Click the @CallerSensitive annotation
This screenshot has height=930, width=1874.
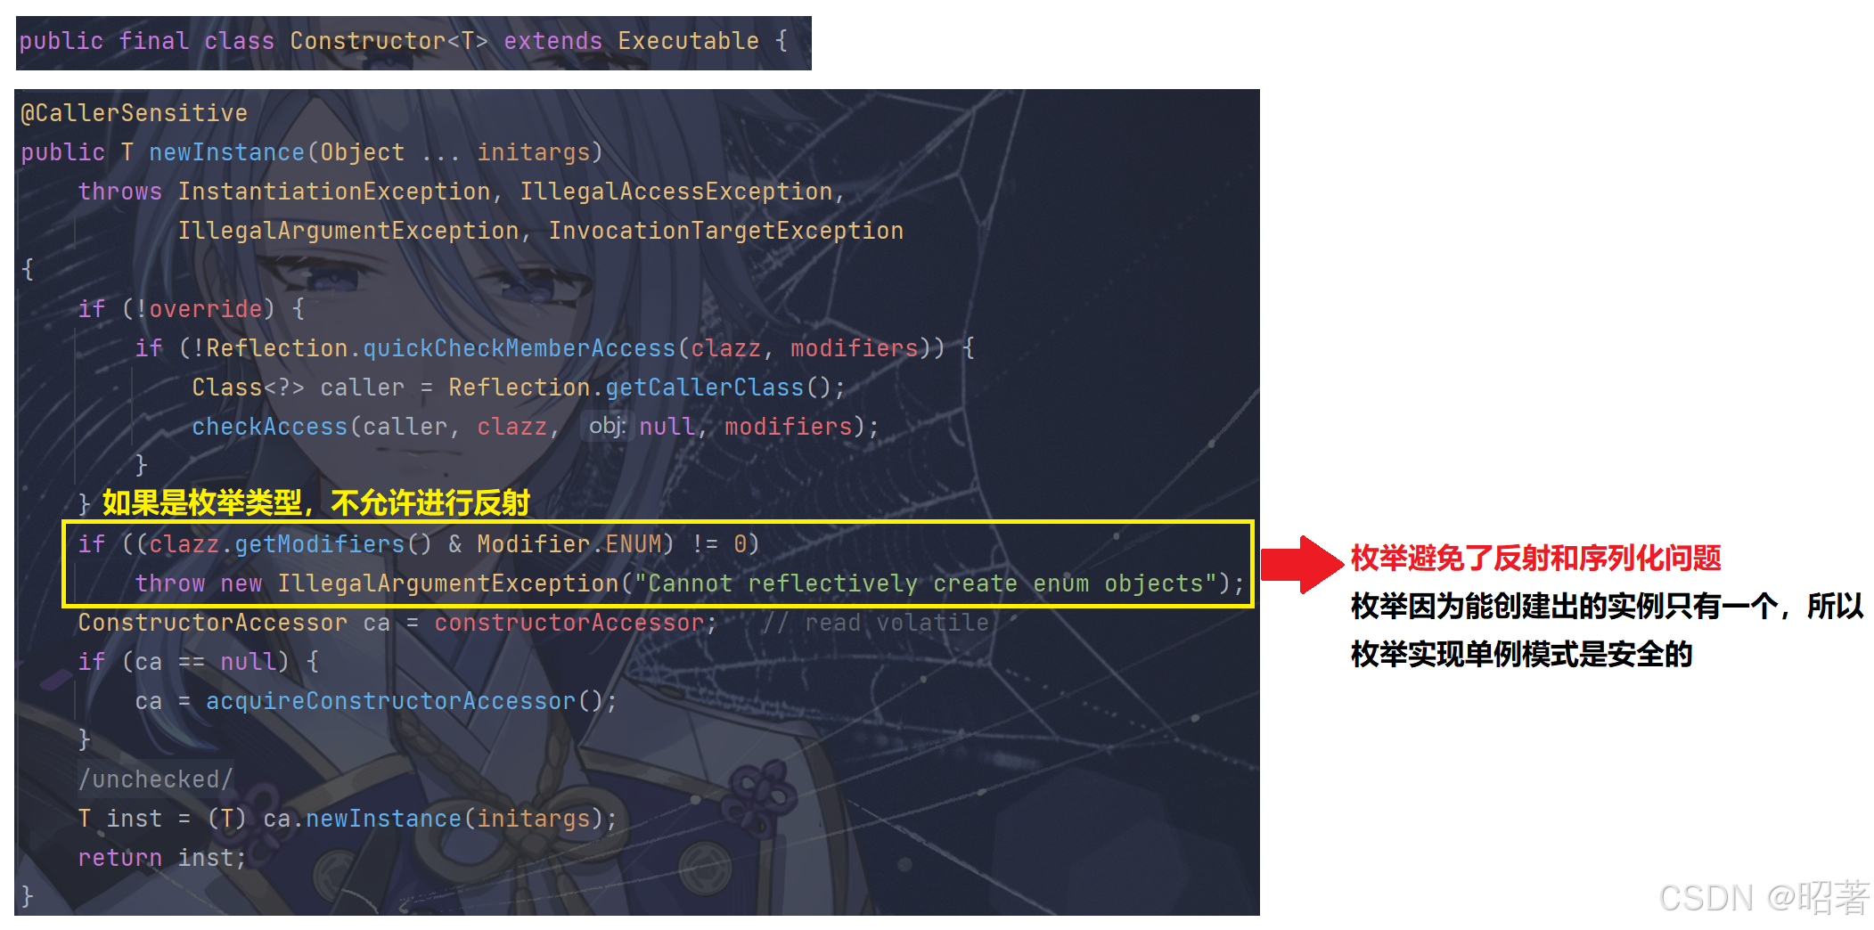[134, 113]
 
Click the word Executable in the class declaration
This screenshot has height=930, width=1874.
[688, 41]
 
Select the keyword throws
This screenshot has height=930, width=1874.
[119, 192]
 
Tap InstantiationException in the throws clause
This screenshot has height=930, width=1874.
[334, 192]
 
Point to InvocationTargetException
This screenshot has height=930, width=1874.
[725, 231]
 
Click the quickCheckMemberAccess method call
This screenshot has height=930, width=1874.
[519, 348]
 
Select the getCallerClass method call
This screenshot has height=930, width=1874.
[704, 387]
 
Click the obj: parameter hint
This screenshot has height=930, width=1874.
[607, 427]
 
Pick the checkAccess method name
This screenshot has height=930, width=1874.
[269, 427]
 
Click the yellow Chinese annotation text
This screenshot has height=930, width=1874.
[316, 503]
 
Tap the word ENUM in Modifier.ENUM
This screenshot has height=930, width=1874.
[634, 544]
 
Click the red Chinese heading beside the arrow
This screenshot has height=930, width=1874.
[1535, 559]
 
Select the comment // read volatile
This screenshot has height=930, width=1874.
[875, 623]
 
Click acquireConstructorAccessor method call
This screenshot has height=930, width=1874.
[390, 701]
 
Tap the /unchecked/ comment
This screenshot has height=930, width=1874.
[155, 779]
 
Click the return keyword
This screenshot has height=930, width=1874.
[119, 858]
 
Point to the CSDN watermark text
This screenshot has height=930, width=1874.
[1763, 897]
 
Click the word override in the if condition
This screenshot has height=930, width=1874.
[205, 309]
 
